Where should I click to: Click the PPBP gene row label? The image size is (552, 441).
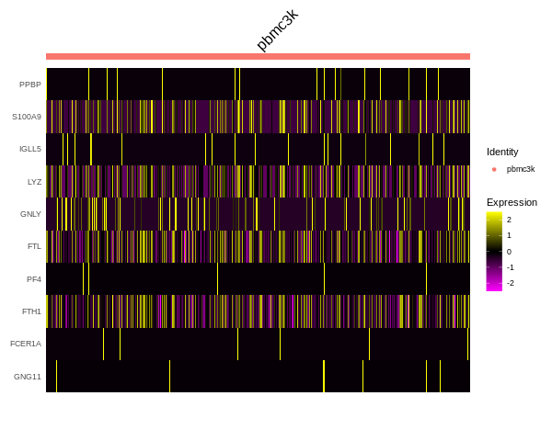tap(30, 85)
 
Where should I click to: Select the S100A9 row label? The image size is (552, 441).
tap(27, 117)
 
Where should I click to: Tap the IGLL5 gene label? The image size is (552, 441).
tap(30, 149)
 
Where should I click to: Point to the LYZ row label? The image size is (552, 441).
tap(34, 182)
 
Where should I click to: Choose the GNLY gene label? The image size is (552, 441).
tap(30, 214)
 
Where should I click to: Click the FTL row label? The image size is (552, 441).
tap(34, 246)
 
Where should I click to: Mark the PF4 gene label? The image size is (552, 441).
tap(33, 278)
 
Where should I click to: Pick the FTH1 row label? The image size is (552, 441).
tap(31, 311)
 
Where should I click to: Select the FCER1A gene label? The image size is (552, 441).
tap(26, 344)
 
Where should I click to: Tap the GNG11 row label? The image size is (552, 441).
tap(28, 377)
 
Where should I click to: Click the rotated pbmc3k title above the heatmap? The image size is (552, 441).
tap(277, 30)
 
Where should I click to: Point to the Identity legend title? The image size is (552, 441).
tap(502, 152)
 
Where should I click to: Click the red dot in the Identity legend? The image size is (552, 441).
tap(494, 169)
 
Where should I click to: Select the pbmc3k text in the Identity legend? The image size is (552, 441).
tap(521, 169)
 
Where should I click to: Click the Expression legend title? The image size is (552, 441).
tap(512, 202)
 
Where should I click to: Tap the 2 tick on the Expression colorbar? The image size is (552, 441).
tap(509, 220)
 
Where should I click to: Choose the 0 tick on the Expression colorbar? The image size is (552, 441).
tap(509, 252)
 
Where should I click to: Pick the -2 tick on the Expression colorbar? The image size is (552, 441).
tap(510, 283)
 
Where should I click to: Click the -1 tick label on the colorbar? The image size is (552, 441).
tap(510, 267)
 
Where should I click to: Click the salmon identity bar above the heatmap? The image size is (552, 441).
tap(258, 56)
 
